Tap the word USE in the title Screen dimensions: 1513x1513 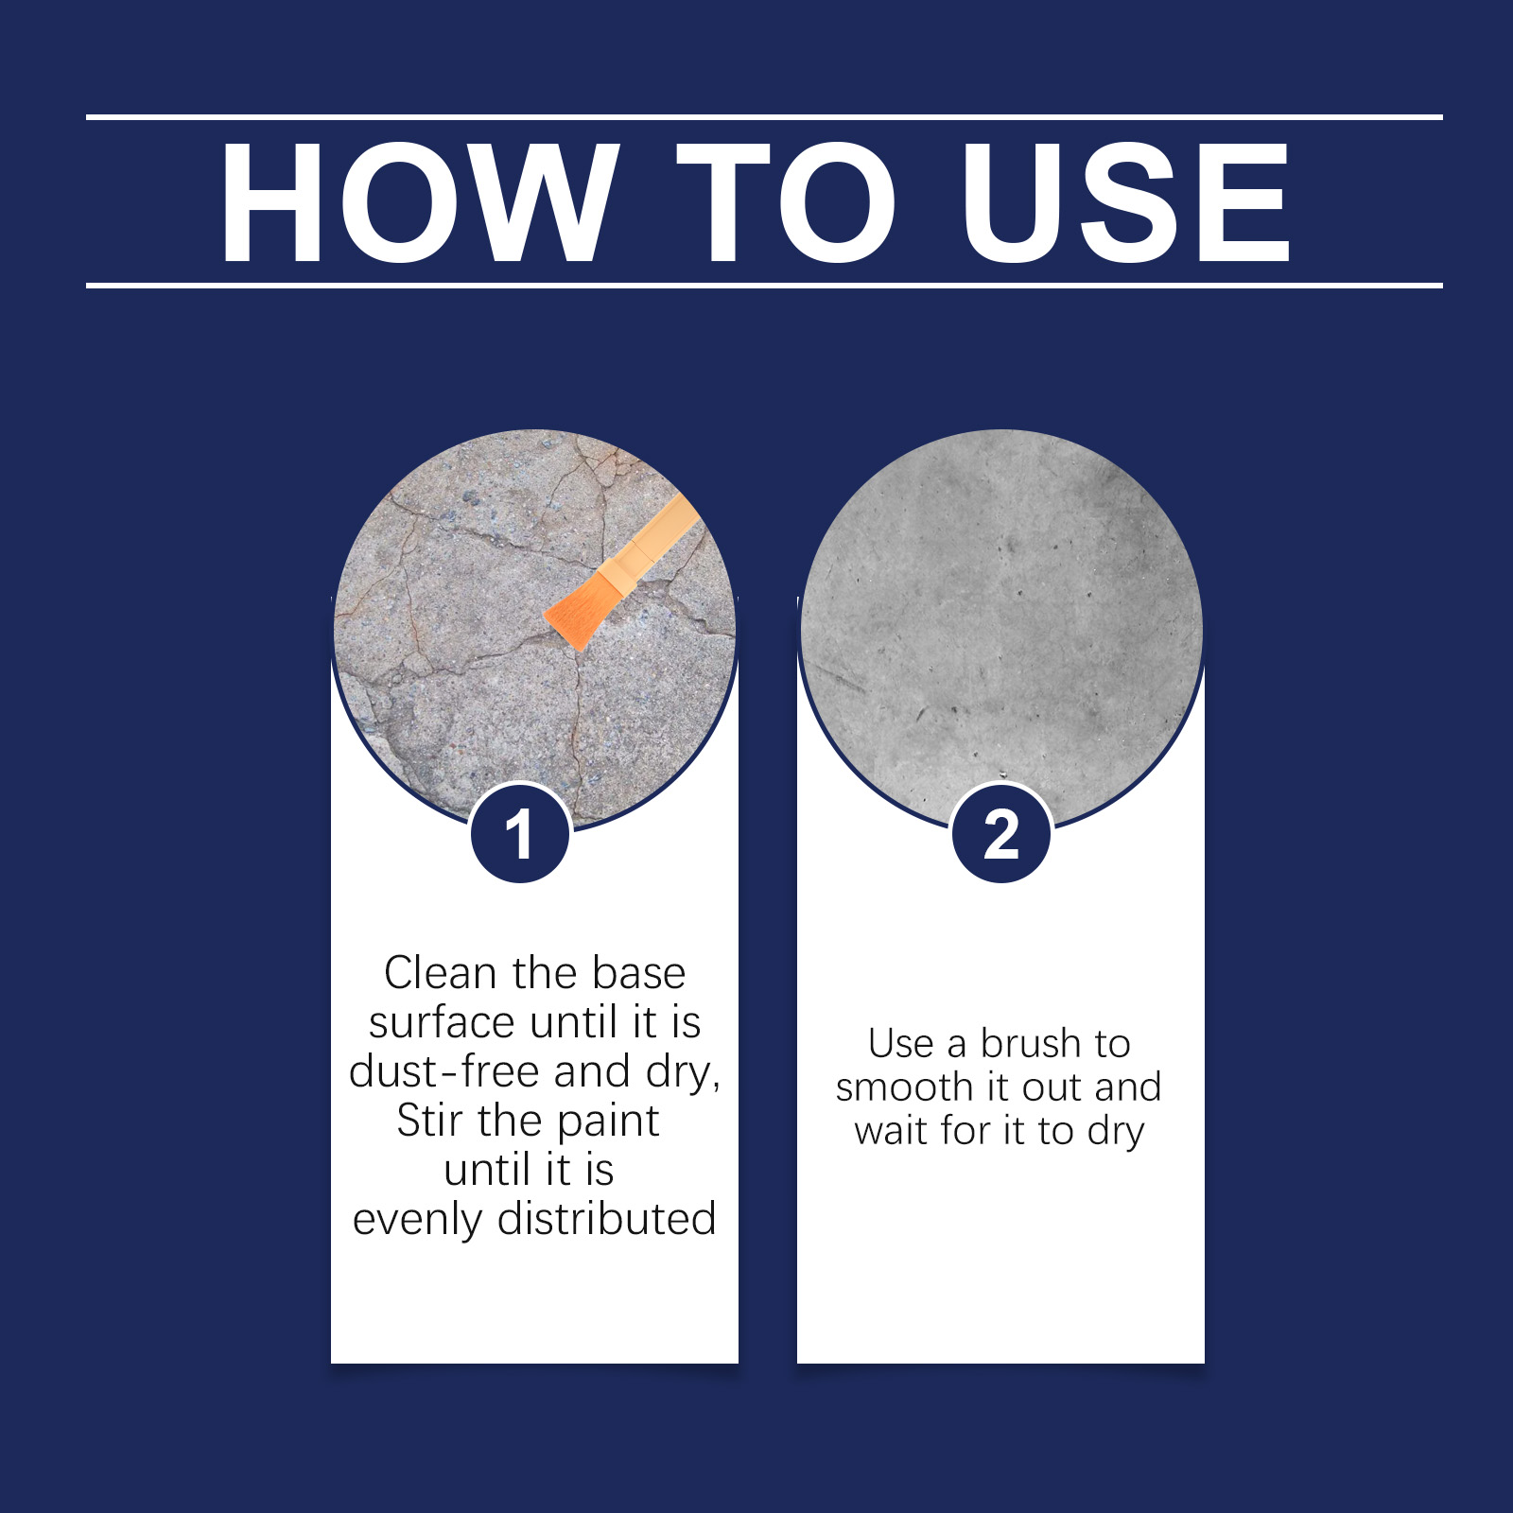(x=1125, y=202)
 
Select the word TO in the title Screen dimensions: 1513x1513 (x=786, y=202)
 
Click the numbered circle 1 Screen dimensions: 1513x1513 (x=520, y=834)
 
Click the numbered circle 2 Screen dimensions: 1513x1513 (x=1001, y=834)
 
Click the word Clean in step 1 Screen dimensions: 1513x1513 (x=442, y=973)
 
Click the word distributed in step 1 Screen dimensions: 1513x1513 (x=607, y=1219)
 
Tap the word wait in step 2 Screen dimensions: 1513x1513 (x=893, y=1131)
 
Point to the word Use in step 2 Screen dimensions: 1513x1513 (x=901, y=1044)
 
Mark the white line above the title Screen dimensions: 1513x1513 (x=764, y=117)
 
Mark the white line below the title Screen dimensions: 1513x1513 (x=764, y=285)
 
